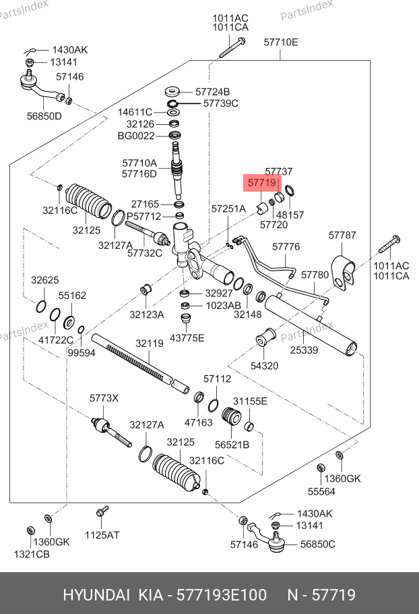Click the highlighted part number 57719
coord(262,183)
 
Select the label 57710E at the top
coord(280,43)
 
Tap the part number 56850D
coord(44,116)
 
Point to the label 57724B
coord(213,91)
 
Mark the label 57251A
coord(228,209)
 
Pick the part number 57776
coord(286,247)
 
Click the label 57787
coord(342,235)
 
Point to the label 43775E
coord(187,337)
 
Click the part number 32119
coord(150,343)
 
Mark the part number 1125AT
coord(102,535)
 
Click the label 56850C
coord(318,545)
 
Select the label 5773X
coord(104,398)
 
